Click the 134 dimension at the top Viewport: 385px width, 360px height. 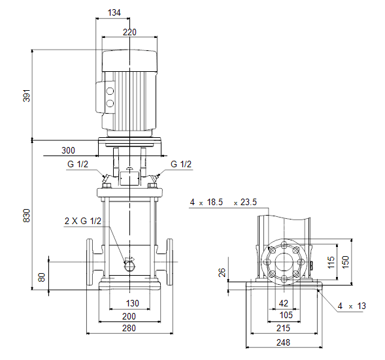coord(114,12)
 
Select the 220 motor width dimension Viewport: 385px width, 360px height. coord(129,32)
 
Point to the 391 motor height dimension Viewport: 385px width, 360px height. coord(27,95)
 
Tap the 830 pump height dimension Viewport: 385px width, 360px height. coord(27,216)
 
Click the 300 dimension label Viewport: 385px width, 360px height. coord(68,150)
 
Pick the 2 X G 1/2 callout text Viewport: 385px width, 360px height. coord(83,221)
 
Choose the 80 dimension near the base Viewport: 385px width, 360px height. coord(42,277)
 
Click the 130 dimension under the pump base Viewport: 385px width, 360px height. coord(132,303)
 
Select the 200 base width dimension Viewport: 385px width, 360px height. coord(129,316)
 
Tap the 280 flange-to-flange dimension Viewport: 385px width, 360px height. coord(129,328)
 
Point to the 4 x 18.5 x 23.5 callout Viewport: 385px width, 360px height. coord(223,202)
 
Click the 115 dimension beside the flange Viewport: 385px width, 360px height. coord(331,262)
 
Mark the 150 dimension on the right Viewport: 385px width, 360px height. coord(345,262)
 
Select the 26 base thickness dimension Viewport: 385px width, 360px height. coord(222,272)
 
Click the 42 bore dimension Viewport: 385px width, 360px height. coord(283,304)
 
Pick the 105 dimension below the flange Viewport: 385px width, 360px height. coord(286,315)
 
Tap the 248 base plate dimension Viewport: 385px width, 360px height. coord(283,342)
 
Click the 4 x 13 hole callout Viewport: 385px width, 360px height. coord(352,306)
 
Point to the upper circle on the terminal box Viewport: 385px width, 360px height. coord(110,91)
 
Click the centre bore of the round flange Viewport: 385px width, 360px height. coord(284,262)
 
